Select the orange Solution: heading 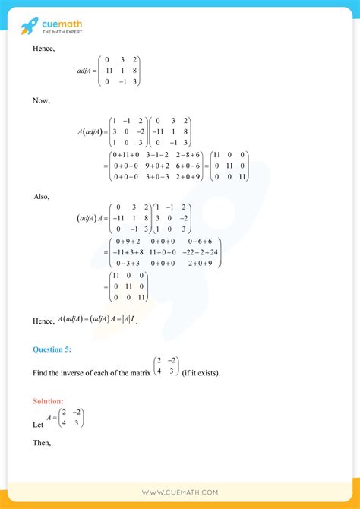coord(48,400)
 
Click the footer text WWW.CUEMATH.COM coord(180,492)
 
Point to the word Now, coord(41,100)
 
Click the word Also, coord(42,196)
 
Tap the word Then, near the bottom coord(43,443)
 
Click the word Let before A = coord(39,424)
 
